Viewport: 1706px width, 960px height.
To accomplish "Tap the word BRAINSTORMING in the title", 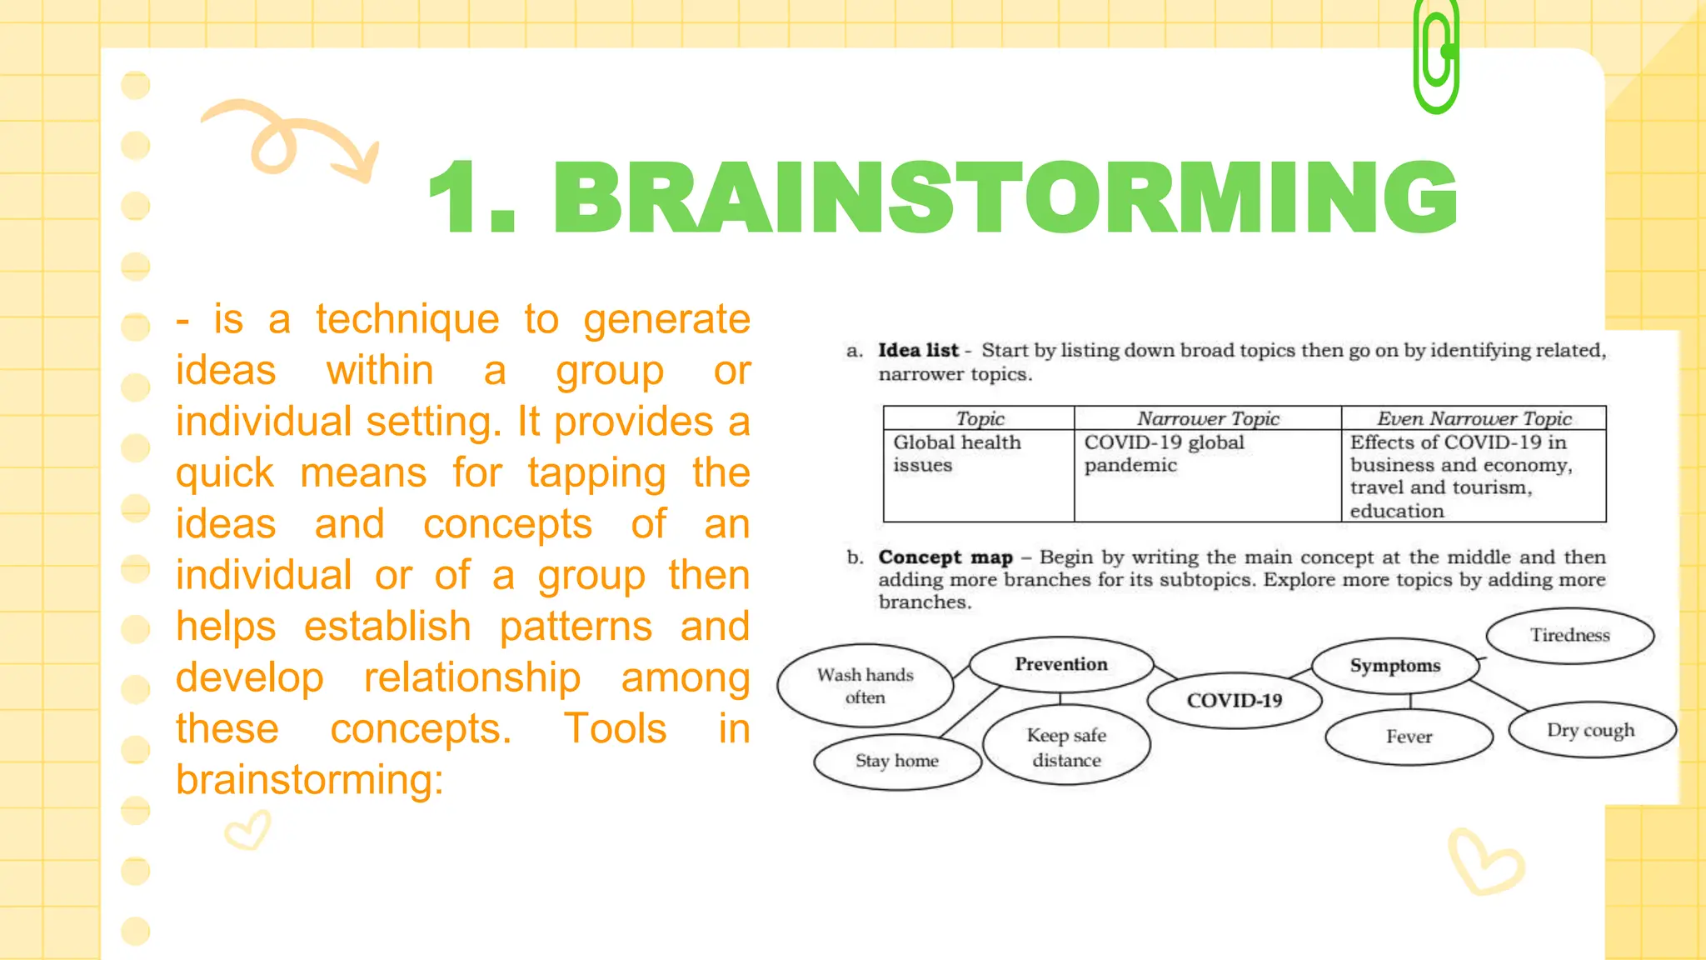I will [1005, 198].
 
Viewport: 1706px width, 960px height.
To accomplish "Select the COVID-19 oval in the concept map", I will [1234, 700].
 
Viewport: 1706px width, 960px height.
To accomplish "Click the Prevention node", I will [1060, 664].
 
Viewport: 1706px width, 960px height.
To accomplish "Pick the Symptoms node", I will [1394, 666].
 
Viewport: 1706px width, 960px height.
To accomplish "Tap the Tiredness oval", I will [1569, 635].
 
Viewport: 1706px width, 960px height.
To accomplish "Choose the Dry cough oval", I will [1590, 730].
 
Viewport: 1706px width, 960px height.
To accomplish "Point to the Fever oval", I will [1409, 737].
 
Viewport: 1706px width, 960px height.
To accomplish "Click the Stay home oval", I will [896, 761].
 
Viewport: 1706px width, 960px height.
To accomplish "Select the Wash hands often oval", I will [865, 686].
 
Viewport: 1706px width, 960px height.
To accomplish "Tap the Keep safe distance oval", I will [1066, 747].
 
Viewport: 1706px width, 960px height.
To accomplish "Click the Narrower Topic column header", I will [1207, 418].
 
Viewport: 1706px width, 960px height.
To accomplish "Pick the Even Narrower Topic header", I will [1474, 418].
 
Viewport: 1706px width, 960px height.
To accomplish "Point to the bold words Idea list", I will [918, 350].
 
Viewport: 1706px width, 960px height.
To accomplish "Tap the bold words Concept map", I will [945, 557].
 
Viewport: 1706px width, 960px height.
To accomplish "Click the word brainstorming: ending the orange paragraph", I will [309, 780].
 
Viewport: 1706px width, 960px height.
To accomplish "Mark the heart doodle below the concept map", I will [1485, 862].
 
